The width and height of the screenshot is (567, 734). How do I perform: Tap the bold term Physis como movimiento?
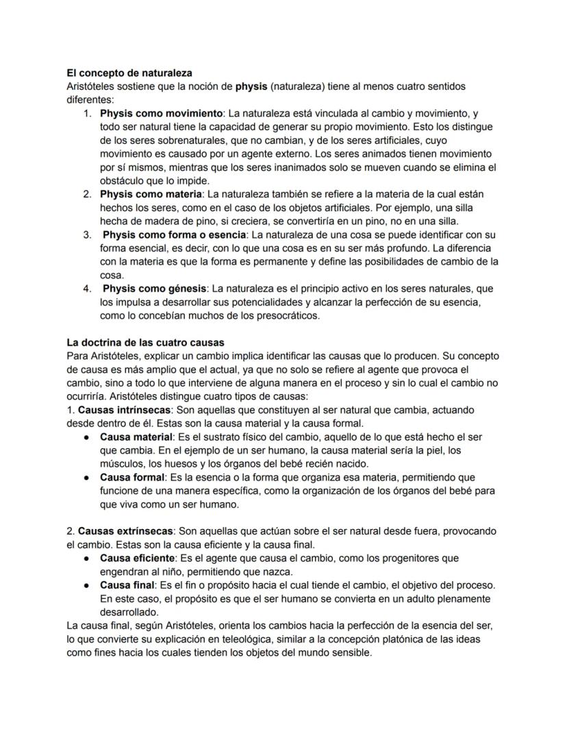tap(161, 113)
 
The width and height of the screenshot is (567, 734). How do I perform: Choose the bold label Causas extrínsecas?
tap(127, 531)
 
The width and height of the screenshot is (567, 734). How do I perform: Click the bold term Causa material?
tap(136, 437)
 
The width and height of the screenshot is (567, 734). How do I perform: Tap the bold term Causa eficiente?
tap(138, 558)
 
